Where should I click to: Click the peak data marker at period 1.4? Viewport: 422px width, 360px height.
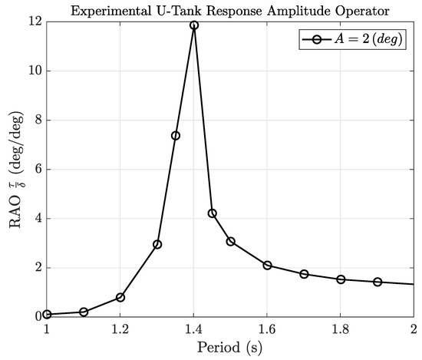194,25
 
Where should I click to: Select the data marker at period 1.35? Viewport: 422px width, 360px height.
176,136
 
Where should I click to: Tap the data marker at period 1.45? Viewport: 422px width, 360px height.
213,213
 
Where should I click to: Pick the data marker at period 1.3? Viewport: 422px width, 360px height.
157,244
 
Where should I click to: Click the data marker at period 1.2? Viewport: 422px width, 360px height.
120,297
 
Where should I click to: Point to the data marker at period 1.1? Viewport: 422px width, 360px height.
84,312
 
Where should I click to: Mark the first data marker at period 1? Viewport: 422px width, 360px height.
48,314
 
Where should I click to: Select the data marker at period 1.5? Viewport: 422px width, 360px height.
230,241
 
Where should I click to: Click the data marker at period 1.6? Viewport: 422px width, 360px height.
267,265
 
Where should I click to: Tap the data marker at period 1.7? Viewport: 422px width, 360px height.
304,274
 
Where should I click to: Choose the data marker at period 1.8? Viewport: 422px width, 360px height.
341,279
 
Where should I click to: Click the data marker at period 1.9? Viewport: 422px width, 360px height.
377,282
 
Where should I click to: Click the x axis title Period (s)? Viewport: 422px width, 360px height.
230,348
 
